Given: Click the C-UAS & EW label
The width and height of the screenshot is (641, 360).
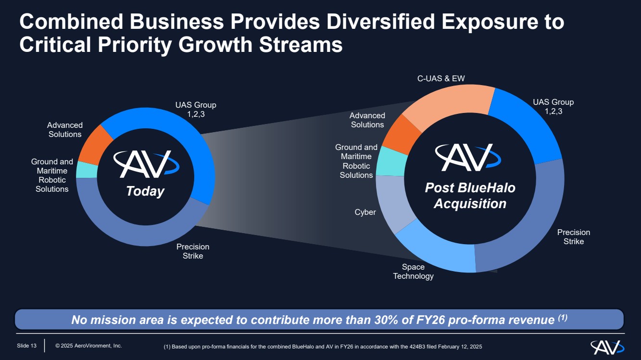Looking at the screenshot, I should (441, 78).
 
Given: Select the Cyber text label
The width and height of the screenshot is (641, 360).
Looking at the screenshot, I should (365, 212).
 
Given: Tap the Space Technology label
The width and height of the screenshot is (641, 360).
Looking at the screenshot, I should (413, 272).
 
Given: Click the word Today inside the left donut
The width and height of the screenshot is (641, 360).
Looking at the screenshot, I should (145, 191).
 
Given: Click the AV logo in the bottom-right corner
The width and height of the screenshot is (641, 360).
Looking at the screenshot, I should (607, 347).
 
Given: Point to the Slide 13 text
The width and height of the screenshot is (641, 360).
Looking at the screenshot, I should (27, 346).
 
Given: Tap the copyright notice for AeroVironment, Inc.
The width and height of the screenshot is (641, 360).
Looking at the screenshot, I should (88, 346).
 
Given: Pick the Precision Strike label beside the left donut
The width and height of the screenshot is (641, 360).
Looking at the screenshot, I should (193, 251).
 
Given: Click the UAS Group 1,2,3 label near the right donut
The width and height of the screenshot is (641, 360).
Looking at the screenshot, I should (553, 107).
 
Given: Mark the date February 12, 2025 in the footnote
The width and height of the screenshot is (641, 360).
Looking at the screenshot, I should (462, 347).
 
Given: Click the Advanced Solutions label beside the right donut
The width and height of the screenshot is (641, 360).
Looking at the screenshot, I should (367, 120).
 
